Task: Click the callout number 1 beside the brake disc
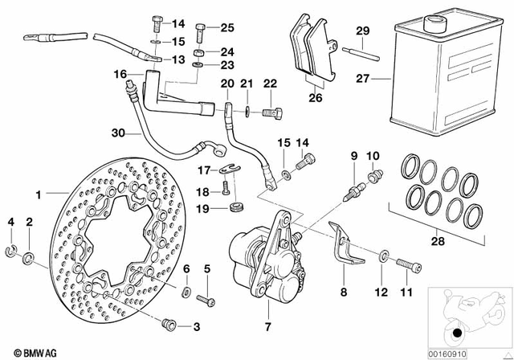[x=38, y=194]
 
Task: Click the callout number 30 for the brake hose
[x=119, y=133]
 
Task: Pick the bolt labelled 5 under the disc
[x=206, y=299]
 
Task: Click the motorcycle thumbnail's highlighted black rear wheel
[x=456, y=333]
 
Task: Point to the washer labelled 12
[x=381, y=256]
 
